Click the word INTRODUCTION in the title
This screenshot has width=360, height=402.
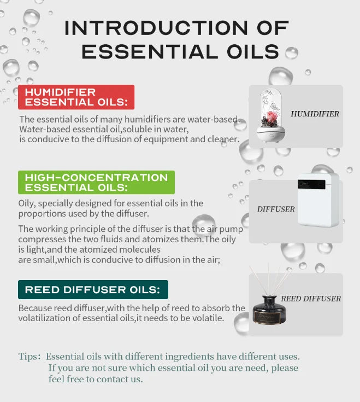[156, 28]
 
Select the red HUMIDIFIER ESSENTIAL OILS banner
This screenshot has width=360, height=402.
[76, 97]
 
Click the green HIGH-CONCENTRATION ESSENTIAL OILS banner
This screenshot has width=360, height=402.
[96, 182]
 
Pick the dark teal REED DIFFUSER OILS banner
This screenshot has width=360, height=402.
[93, 289]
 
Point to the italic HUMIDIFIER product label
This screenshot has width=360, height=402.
[315, 114]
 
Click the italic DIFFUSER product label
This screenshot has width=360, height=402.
[276, 209]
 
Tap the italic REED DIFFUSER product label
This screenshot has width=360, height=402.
[311, 299]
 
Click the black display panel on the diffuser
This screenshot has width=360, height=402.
[311, 184]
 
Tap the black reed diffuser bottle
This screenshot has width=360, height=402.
[269, 310]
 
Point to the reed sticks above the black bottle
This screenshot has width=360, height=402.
[272, 280]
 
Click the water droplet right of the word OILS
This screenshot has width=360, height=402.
[292, 53]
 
